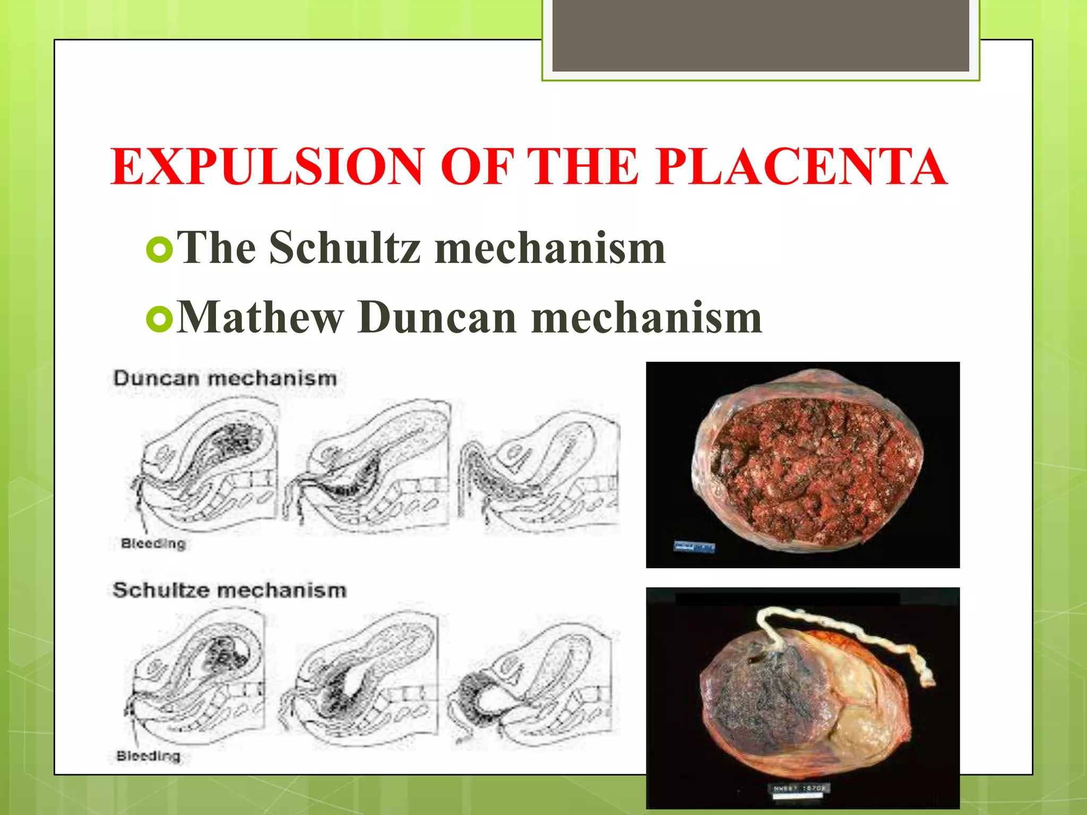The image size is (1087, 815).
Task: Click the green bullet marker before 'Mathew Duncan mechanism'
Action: (159, 319)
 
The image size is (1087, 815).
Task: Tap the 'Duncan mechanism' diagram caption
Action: (225, 379)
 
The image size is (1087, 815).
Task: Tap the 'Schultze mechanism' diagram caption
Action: (229, 590)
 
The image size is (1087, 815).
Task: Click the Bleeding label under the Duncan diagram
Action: (153, 543)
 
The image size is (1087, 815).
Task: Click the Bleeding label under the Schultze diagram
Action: (149, 756)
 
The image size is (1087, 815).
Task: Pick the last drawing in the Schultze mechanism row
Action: (531, 684)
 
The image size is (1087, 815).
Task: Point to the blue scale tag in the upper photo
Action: (694, 547)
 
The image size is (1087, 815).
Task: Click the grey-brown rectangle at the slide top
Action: (761, 36)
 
